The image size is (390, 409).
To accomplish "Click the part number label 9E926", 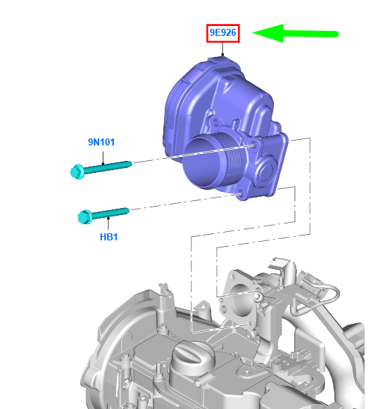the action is [x=223, y=33].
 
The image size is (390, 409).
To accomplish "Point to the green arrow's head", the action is [x=268, y=33].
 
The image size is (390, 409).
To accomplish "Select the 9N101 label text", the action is [x=101, y=142].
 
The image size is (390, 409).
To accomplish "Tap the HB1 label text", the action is [x=108, y=237].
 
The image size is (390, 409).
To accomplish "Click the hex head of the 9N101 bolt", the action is [x=77, y=171].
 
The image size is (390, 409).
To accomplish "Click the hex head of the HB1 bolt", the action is [x=84, y=216].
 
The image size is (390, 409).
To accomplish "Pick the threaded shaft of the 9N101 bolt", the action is [x=108, y=167].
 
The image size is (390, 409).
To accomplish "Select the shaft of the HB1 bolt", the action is [x=111, y=213].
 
